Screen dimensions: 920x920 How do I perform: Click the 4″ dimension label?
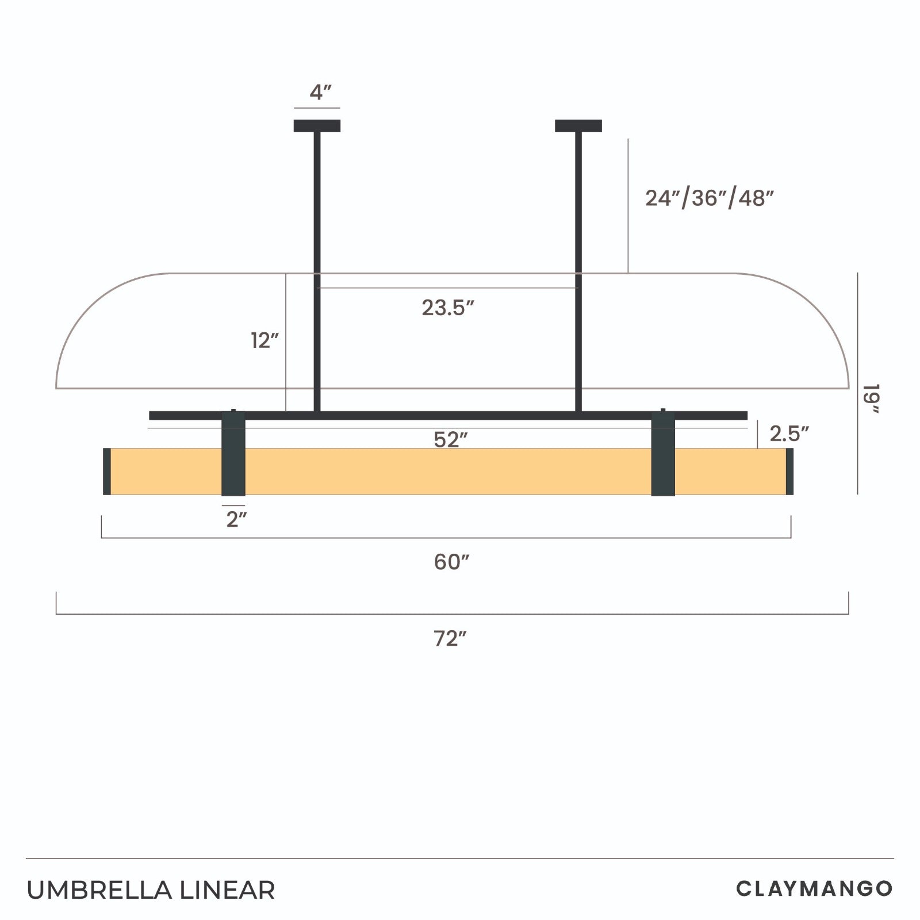point(321,92)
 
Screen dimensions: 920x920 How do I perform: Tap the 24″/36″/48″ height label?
point(710,198)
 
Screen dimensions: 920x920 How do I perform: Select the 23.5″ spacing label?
point(448,308)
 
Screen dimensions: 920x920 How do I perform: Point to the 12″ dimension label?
point(264,340)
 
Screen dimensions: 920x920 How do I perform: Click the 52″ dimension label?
point(451,439)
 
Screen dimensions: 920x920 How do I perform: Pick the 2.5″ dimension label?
point(789,434)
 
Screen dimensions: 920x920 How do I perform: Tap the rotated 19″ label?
point(872,398)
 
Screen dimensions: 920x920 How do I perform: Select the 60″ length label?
point(452,562)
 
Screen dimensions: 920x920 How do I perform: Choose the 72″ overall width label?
point(450,638)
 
